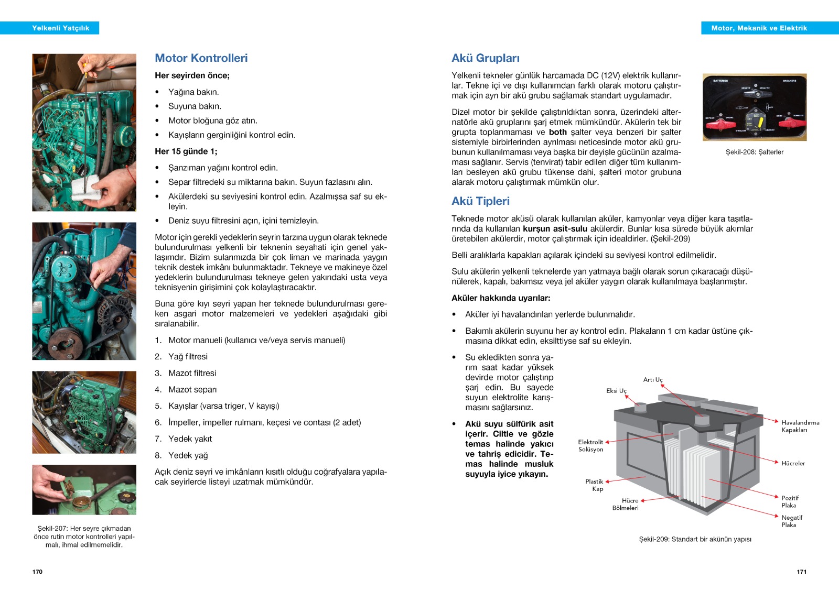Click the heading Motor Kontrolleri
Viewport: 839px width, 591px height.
click(201, 58)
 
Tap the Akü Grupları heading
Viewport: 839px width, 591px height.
click(486, 58)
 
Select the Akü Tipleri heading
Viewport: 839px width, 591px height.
click(480, 201)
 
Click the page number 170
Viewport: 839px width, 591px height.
click(37, 572)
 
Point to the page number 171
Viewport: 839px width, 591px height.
click(801, 572)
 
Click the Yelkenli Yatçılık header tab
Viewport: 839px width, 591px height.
click(60, 28)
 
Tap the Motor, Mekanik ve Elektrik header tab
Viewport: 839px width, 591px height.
click(759, 28)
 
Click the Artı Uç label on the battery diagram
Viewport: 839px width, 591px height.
click(653, 380)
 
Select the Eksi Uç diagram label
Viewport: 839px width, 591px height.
click(616, 391)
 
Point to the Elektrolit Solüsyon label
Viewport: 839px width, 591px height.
click(590, 446)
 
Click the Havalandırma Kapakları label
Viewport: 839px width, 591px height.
click(800, 426)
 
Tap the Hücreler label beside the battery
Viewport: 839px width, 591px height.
click(793, 463)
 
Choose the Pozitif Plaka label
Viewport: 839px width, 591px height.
click(790, 501)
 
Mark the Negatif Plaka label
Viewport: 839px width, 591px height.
click(791, 521)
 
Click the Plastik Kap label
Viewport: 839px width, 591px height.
click(595, 485)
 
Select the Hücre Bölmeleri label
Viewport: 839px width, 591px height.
click(626, 504)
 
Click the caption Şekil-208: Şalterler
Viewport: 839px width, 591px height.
click(754, 152)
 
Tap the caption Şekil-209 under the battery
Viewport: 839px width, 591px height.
click(695, 539)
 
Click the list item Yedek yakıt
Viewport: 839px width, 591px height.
click(190, 439)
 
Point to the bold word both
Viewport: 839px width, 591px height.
click(557, 132)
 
